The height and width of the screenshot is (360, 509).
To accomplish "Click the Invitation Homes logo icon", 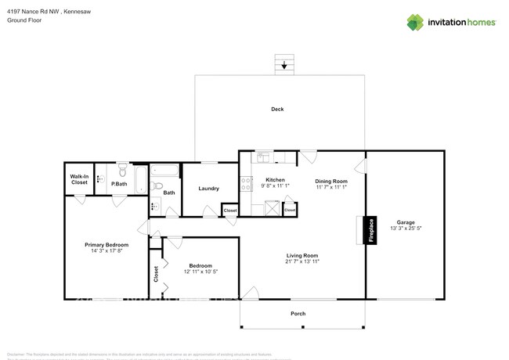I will click(415, 22).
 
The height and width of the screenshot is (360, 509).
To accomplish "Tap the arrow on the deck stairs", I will click(283, 67).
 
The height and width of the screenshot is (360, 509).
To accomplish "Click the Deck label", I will click(277, 110).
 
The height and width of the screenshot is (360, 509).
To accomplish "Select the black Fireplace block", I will click(370, 230).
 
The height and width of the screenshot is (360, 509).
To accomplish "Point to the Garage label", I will click(405, 221).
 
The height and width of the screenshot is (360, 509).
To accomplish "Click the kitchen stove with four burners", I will click(246, 185).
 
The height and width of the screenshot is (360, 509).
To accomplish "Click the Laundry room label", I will click(208, 189).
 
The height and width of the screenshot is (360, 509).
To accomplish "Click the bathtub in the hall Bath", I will click(164, 170).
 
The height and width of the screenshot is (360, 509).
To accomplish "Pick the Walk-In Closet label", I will click(79, 179).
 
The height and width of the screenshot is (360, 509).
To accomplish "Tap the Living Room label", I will click(301, 255).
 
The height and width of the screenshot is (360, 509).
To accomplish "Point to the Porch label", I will click(298, 314).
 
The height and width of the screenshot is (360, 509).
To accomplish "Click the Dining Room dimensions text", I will click(330, 187).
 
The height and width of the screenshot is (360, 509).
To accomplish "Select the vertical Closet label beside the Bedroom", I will click(156, 273).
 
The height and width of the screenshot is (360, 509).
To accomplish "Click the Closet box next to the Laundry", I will click(230, 211).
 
